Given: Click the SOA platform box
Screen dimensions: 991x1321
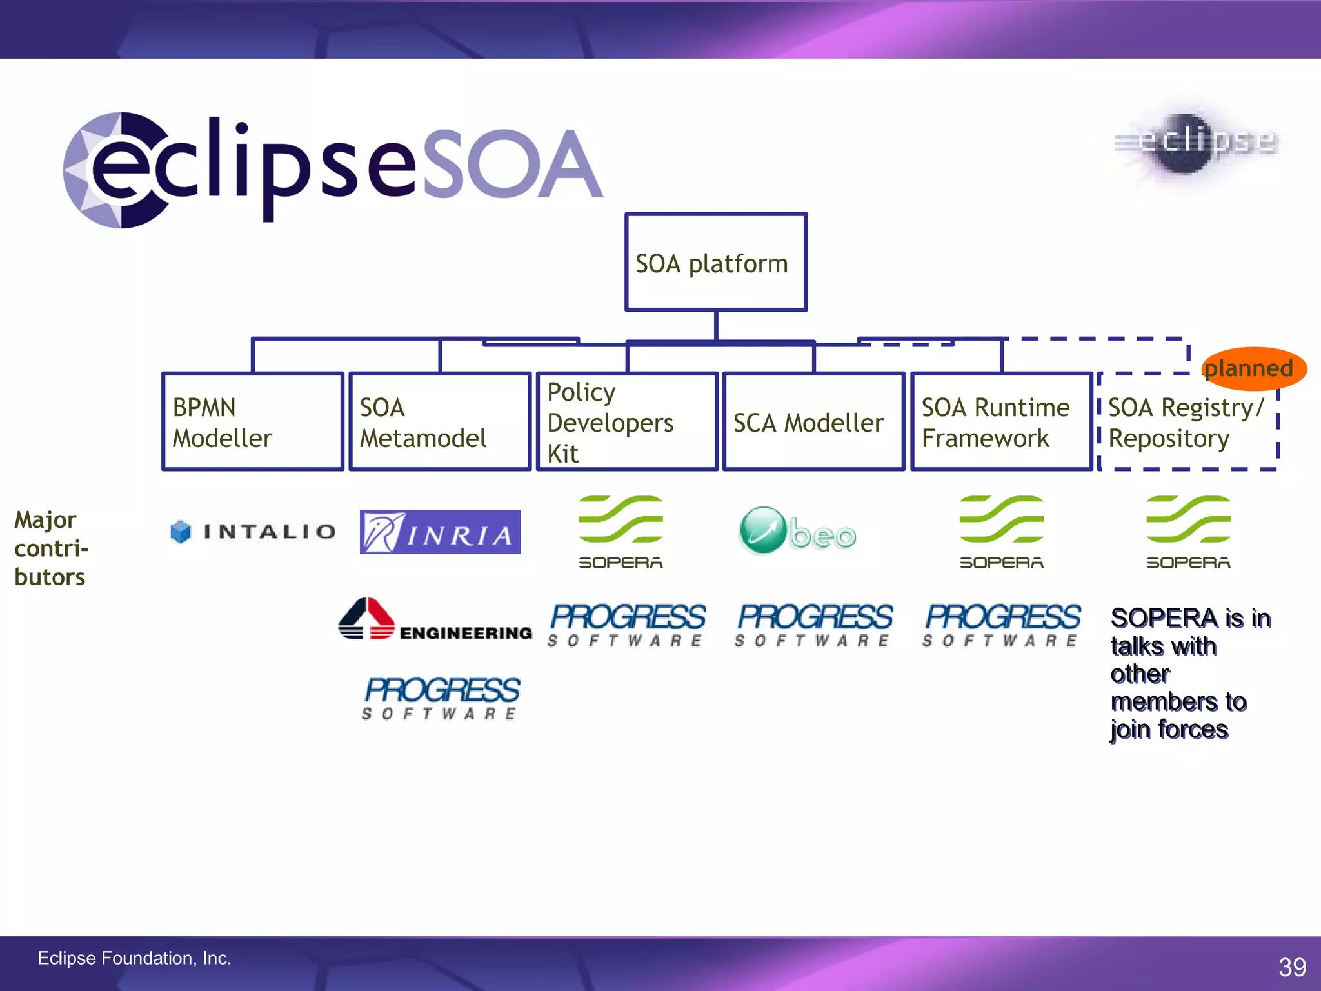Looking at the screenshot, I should click(715, 262).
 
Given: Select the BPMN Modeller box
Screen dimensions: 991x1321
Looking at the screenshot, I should click(252, 421).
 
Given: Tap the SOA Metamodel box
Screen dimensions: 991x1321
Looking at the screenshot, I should click(440, 421).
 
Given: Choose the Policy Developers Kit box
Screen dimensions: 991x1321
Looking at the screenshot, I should click(627, 421).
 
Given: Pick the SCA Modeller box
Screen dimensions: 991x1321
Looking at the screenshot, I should click(813, 421).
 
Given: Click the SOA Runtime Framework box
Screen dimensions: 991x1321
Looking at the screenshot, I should click(1001, 421).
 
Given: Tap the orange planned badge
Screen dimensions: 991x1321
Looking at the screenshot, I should click(1253, 368).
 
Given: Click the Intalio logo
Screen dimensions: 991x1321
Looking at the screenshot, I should click(253, 532).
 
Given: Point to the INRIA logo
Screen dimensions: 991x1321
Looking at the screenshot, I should click(440, 532).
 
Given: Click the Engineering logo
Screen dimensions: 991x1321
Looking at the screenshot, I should click(435, 621).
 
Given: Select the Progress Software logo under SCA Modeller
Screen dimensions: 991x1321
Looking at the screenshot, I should click(814, 625).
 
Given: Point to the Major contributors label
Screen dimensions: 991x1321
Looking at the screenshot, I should click(50, 548).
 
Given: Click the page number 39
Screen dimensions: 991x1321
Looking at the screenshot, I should click(1292, 966).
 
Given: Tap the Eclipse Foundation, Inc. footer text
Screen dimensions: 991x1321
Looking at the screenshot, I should click(134, 958).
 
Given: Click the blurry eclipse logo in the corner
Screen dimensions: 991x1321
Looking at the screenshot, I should click(1197, 143).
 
